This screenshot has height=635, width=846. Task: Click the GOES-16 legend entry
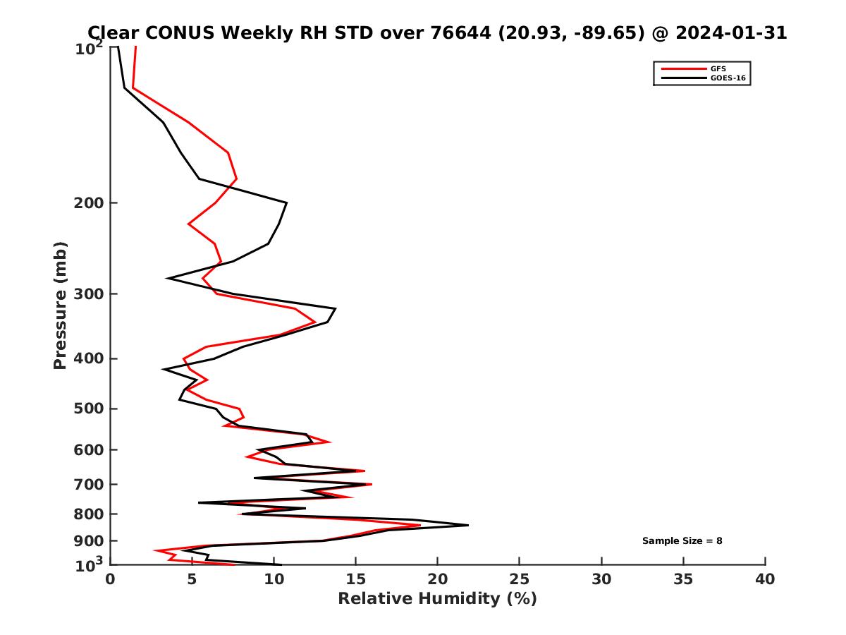pyautogui.click(x=726, y=78)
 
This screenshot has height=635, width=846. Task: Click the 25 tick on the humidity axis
pyautogui.click(x=520, y=579)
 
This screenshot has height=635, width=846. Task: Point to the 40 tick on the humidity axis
pyautogui.click(x=765, y=579)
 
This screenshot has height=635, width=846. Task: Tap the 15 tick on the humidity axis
pyautogui.click(x=355, y=579)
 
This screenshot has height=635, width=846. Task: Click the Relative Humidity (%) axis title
pyautogui.click(x=437, y=599)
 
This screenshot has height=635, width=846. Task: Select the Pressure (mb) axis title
pyautogui.click(x=60, y=305)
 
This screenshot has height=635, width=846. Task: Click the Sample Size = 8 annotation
pyautogui.click(x=682, y=541)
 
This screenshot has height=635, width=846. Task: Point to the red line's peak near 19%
pyautogui.click(x=420, y=525)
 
